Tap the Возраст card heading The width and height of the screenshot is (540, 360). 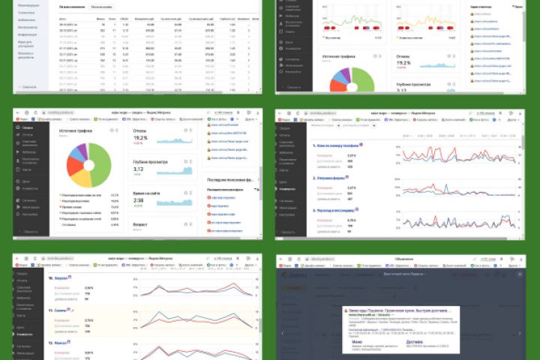(x=142, y=223)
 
